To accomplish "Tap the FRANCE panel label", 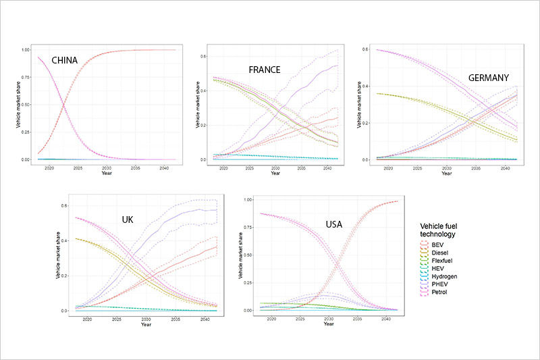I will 265,70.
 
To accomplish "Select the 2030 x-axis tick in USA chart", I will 328,317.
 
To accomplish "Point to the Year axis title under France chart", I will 275,174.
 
